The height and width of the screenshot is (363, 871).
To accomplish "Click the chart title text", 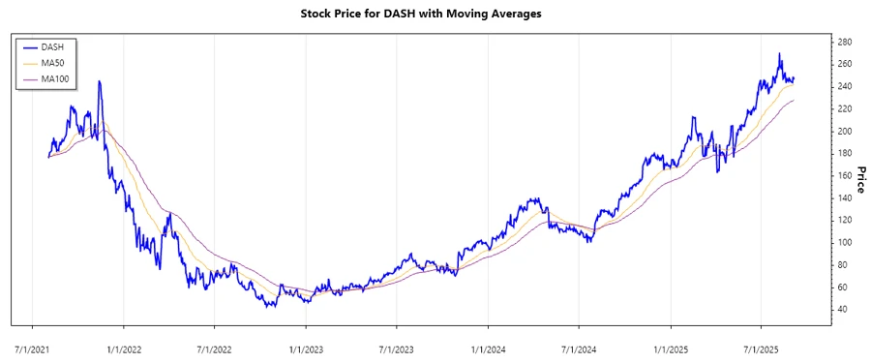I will [435, 15].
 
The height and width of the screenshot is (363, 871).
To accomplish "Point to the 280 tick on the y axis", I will [844, 42].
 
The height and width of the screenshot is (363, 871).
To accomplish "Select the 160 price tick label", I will [844, 175].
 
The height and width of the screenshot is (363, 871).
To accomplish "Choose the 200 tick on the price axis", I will [844, 131].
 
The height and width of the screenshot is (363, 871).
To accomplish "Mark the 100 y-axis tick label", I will [844, 243].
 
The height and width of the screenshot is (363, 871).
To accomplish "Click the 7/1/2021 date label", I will [34, 347].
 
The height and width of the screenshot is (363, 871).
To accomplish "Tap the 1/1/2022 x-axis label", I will [125, 347].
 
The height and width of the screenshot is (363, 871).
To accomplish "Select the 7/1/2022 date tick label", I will [215, 347].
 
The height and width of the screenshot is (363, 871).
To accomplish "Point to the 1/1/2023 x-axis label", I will [307, 347].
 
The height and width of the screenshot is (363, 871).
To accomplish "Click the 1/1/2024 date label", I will [488, 347].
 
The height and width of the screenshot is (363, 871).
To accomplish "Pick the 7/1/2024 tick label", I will [579, 347].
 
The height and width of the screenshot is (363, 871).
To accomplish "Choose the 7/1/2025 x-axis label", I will [761, 347].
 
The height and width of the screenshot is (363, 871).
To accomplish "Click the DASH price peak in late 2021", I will [100, 82].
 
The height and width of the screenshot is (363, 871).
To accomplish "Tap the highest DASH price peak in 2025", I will [780, 54].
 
